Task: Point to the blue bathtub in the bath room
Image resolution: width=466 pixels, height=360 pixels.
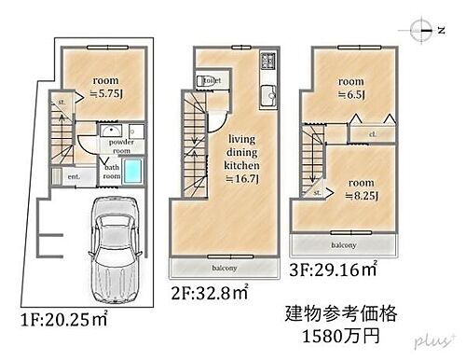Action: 133,171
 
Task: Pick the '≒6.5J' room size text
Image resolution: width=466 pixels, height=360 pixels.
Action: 351,93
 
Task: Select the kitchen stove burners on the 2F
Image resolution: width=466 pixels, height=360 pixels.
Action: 267,63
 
